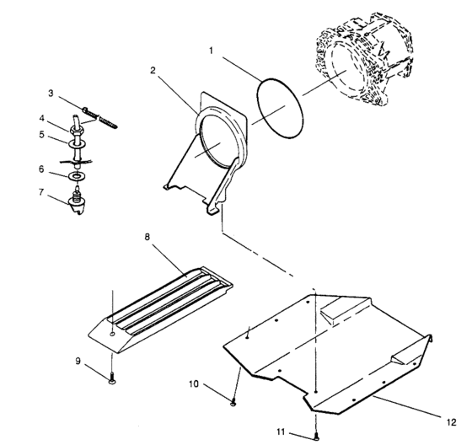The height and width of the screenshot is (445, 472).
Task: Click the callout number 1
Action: pos(212,51)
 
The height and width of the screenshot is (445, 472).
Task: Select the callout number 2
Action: pos(153,70)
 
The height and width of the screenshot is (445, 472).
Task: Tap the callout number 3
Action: pos(51,94)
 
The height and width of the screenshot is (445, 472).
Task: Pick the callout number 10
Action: pos(194,383)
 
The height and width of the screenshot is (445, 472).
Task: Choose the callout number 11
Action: pos(281,432)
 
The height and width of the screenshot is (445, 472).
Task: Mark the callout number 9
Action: pos(78,361)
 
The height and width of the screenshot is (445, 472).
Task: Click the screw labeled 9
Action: pos(112,378)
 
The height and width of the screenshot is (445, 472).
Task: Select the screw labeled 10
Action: pos(233,401)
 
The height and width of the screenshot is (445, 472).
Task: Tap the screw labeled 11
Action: pos(316,436)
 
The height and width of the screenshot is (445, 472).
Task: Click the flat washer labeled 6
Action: pos(78,175)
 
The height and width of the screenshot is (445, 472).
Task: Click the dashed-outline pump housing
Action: pos(364,59)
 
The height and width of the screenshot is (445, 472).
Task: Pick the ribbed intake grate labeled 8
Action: pos(160,309)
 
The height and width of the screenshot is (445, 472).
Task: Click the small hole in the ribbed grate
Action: pos(112,335)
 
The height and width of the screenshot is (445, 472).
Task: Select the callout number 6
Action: pos(41,169)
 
